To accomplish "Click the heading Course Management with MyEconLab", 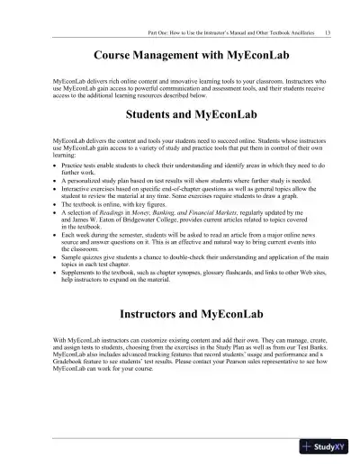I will (180, 56).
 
